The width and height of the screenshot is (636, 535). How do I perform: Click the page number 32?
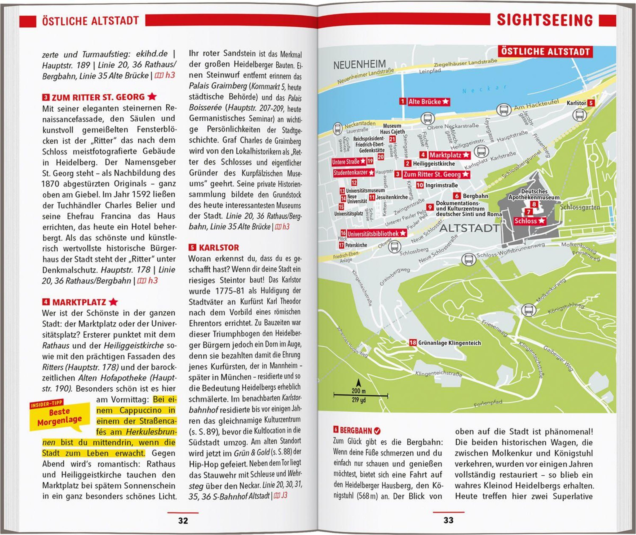click(x=183, y=520)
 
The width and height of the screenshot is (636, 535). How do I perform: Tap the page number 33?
click(x=448, y=520)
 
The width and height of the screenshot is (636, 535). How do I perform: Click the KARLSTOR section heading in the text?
click(x=219, y=247)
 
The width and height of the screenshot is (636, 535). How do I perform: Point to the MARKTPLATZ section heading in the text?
click(x=79, y=302)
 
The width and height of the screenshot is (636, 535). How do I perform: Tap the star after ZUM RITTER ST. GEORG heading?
click(x=152, y=97)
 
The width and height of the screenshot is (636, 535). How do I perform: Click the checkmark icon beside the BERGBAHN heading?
click(x=377, y=430)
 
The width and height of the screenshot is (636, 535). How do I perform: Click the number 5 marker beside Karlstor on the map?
click(x=590, y=103)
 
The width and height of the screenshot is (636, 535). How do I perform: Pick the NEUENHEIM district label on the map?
click(x=359, y=64)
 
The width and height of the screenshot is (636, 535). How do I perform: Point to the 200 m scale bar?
click(x=360, y=395)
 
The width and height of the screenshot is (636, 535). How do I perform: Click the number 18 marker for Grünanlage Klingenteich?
click(x=413, y=343)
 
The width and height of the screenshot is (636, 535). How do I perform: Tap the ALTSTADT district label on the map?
click(x=469, y=228)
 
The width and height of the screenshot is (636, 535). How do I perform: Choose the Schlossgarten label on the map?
click(x=580, y=207)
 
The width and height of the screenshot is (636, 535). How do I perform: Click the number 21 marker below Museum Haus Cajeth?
click(x=392, y=139)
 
